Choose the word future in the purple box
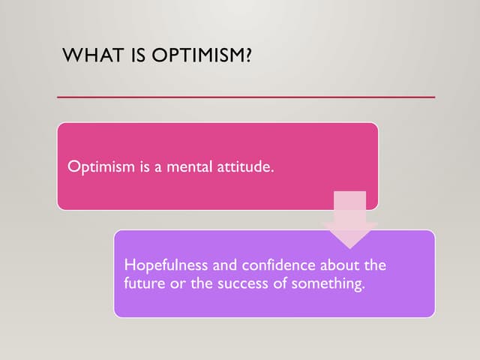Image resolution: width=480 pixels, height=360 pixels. tap(143, 283)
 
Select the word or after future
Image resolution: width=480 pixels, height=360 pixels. tap(175, 283)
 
